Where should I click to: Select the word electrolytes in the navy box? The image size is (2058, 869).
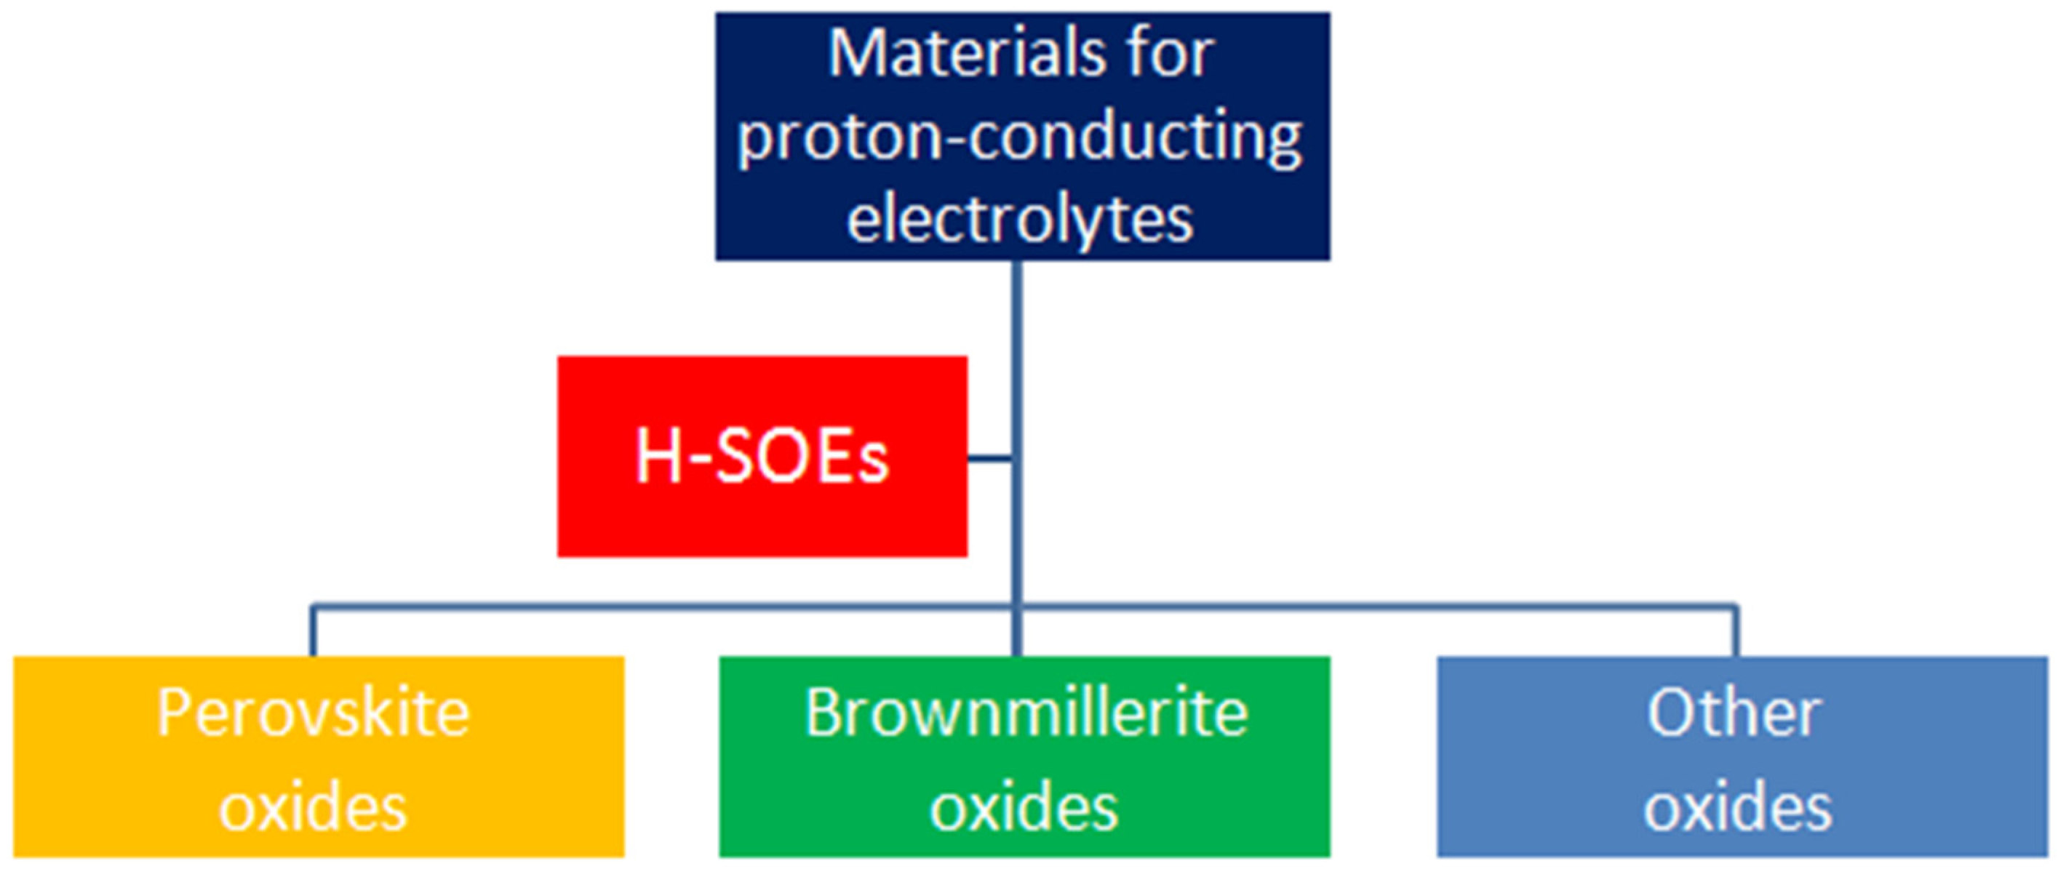1020,218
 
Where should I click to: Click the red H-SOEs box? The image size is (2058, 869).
762,456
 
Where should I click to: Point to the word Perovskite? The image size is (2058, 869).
313,712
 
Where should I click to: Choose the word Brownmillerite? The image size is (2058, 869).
1026,712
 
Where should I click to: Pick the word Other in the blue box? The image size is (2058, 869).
1734,712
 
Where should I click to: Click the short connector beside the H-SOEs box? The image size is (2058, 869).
991,457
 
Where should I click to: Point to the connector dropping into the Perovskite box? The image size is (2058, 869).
313,631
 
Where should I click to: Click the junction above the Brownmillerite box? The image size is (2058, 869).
1017,607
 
